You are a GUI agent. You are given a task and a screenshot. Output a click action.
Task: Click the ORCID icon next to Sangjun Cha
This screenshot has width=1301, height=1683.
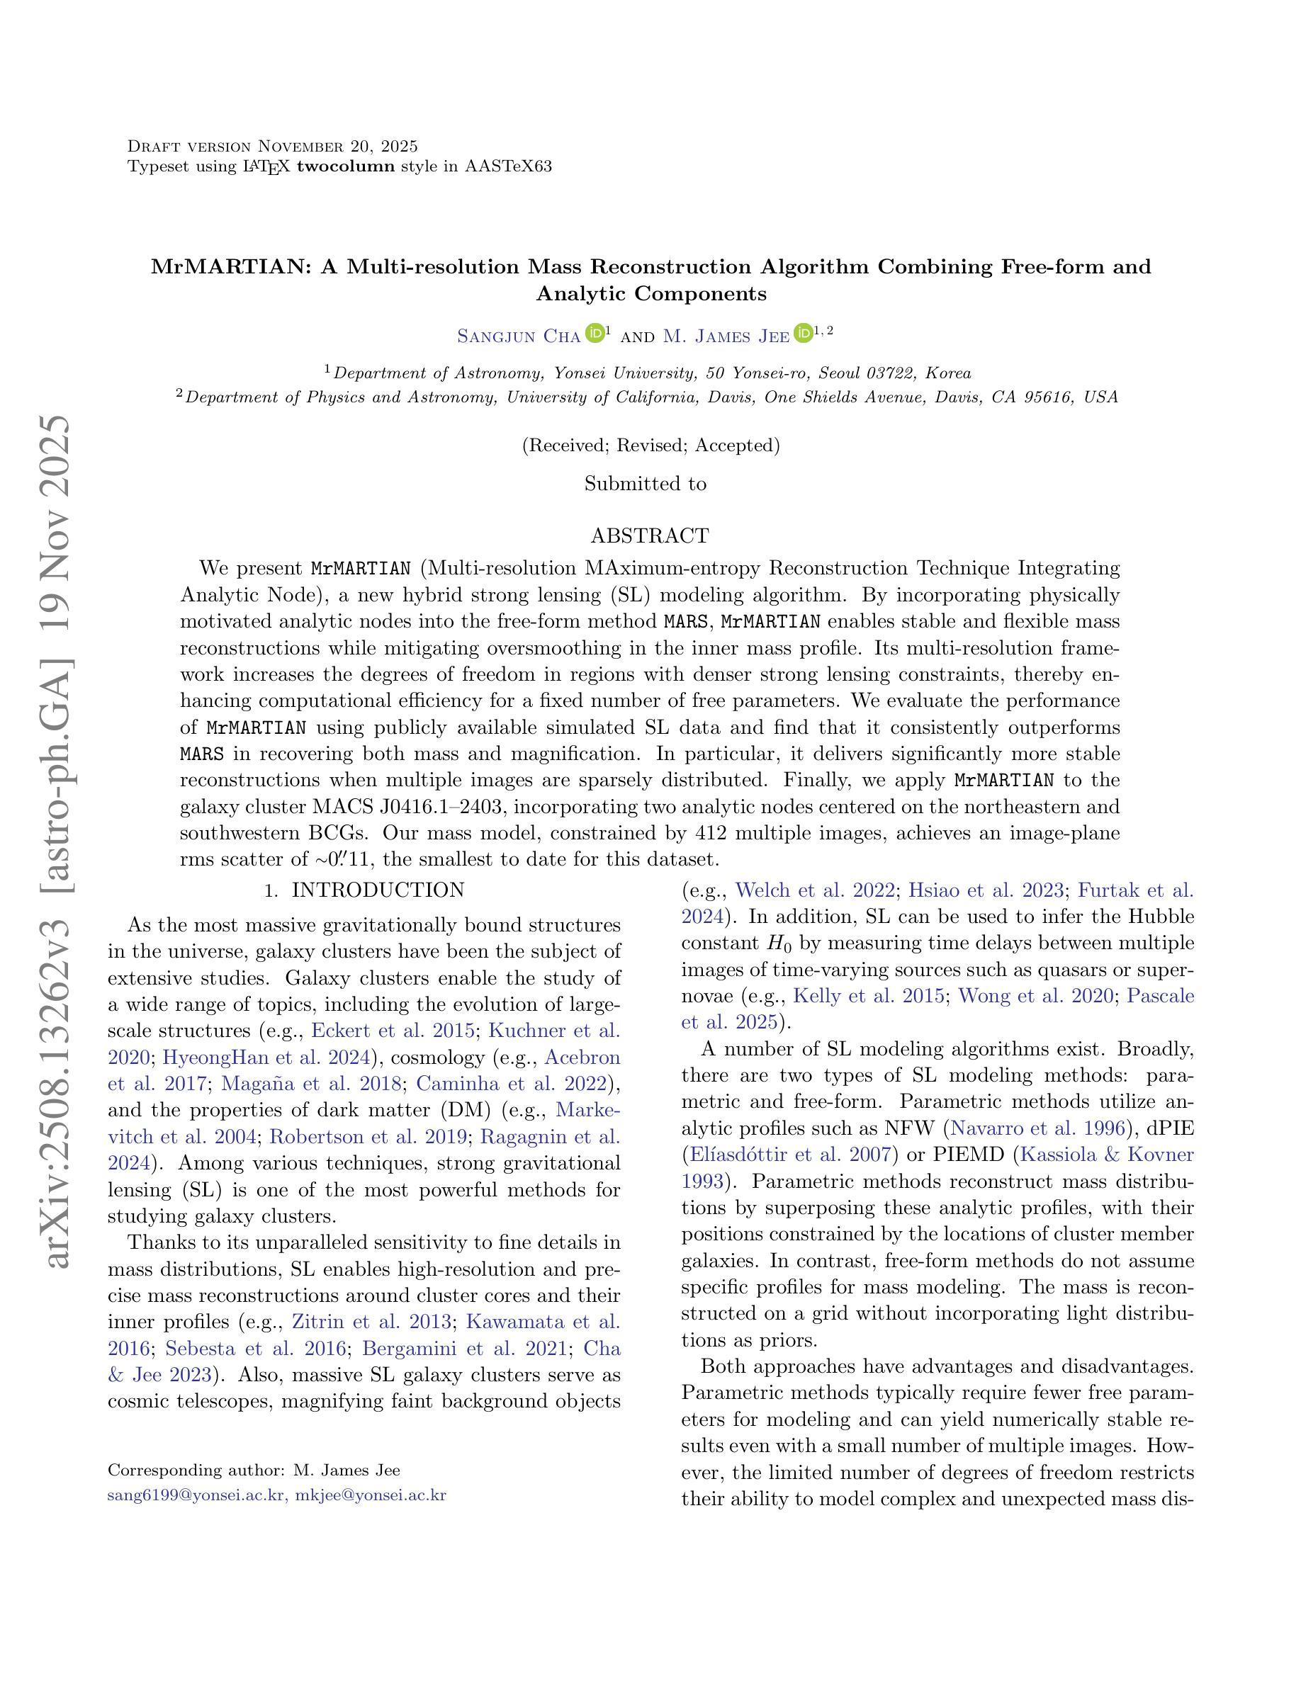595,334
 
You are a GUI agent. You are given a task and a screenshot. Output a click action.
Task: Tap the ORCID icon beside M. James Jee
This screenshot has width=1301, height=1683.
802,334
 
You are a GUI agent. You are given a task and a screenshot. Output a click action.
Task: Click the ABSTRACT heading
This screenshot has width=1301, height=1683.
649,535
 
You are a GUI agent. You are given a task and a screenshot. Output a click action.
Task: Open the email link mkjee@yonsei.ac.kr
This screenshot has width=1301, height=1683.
371,1496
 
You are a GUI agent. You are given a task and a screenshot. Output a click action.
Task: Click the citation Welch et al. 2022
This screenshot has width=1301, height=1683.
816,891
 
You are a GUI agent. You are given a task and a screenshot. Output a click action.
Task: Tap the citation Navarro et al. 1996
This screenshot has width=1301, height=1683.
1037,1128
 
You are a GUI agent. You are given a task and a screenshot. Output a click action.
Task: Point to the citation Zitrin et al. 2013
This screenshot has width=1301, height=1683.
371,1322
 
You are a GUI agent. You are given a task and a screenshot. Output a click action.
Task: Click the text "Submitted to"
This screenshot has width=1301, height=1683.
645,484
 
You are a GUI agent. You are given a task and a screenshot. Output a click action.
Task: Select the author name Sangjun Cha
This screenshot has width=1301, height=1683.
518,336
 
